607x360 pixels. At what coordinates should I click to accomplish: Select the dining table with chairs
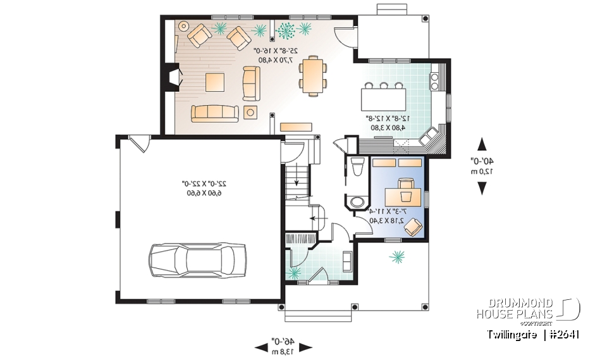pos(313,75)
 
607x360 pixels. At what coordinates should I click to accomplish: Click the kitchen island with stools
pos(385,98)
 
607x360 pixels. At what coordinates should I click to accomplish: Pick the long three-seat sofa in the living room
pos(214,113)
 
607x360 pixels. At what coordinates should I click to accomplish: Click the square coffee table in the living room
pos(214,81)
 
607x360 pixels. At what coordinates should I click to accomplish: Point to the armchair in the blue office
pos(414,226)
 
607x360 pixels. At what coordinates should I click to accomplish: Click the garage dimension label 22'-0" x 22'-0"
pos(200,188)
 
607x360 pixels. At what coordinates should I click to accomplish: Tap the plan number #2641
pos(563,334)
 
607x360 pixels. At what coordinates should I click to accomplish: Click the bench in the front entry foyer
pos(347,260)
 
